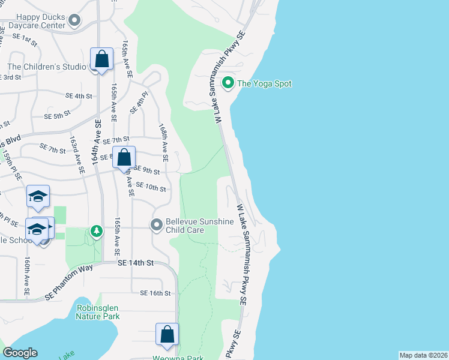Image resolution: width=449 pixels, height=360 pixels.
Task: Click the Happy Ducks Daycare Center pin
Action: point(74,22)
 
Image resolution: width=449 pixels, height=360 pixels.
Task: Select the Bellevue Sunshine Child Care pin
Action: point(157,225)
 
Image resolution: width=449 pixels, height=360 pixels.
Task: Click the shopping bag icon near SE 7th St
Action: point(124,158)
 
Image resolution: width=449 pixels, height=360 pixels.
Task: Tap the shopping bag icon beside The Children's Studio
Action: point(101,59)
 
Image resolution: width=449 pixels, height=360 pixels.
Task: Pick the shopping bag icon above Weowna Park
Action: point(167,334)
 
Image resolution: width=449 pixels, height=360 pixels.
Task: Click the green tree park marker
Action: point(96,231)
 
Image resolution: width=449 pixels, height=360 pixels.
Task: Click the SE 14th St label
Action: point(136,263)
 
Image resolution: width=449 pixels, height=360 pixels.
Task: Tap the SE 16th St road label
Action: point(156,293)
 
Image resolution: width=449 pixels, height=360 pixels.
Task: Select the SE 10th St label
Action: point(150,188)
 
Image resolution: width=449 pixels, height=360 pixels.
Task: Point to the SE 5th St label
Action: point(58,113)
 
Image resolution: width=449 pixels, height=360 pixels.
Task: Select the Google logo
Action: point(20,353)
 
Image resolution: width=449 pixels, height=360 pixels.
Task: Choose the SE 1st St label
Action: point(25,37)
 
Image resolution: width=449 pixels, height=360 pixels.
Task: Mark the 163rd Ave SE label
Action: point(76,154)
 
